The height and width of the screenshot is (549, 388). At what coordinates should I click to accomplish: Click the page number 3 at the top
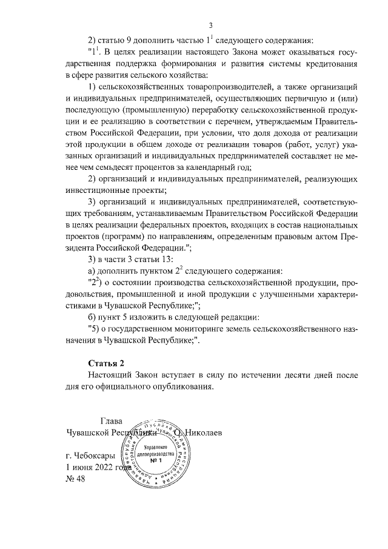210,25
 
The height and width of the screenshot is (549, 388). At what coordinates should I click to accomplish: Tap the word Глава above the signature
111,420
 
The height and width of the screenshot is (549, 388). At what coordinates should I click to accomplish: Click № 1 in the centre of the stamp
156,461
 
